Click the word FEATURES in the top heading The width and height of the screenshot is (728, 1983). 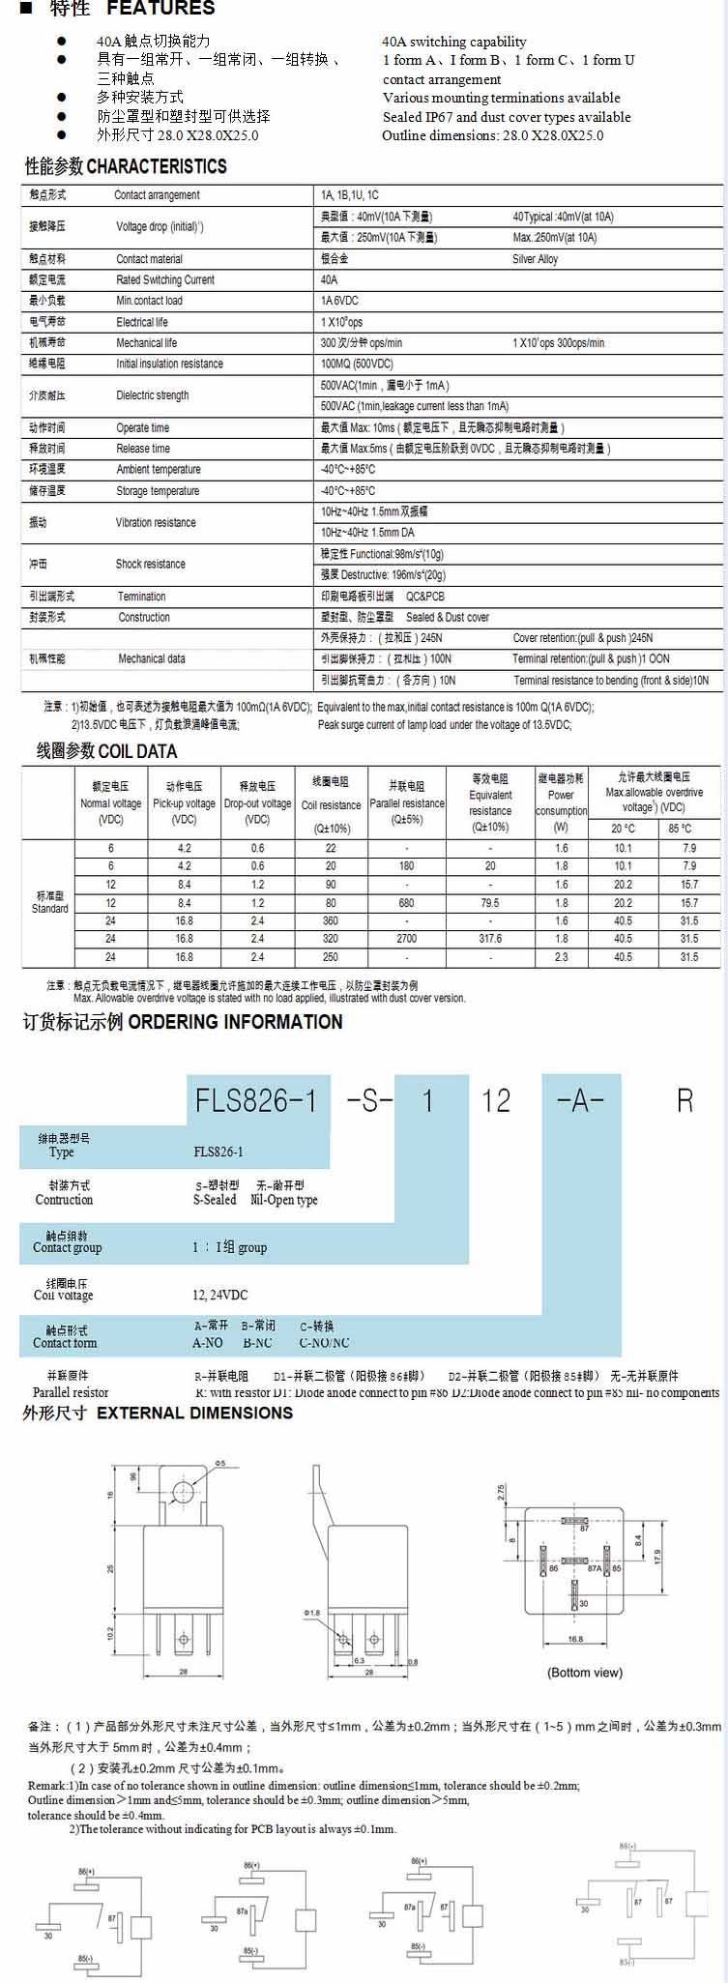160,9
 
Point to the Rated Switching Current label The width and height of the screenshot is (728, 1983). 165,279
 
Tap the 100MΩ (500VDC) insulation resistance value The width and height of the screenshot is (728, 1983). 357,364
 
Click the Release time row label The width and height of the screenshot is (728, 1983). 143,449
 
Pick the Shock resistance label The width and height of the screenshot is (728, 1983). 150,564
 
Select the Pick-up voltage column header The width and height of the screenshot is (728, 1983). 184,803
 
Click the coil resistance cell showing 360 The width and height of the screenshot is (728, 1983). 331,920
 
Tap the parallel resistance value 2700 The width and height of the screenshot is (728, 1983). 406,938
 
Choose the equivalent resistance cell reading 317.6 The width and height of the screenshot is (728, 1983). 490,938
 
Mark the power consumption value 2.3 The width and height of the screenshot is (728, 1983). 561,956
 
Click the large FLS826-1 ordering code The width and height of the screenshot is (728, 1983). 256,1100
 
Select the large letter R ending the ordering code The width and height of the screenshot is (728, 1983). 684,1100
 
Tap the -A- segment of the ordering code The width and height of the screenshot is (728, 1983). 580,1100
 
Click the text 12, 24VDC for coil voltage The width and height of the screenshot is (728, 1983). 219,1295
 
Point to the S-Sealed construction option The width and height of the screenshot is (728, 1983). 215,1200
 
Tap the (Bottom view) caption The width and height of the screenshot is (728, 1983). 585,1672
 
